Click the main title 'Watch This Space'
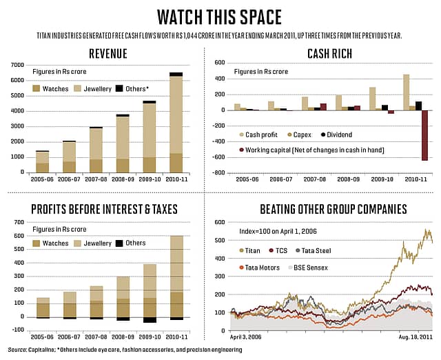pos(220,15)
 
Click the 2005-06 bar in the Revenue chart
pos(42,161)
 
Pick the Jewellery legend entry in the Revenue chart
pos(104,88)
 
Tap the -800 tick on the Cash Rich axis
pos(220,173)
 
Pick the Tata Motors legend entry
pos(260,267)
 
